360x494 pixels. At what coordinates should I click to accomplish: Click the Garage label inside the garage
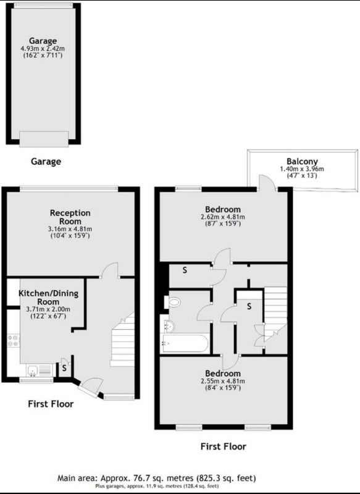point(43,41)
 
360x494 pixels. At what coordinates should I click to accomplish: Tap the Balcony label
point(302,161)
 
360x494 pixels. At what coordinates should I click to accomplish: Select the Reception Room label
point(70,217)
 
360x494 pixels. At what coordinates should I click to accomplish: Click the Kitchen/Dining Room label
point(49,298)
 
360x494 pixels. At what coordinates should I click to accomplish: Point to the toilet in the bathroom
point(173,303)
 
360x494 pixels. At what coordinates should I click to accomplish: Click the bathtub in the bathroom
point(184,343)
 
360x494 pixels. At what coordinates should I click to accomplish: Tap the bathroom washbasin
point(169,327)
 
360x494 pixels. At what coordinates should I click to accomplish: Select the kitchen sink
point(40,370)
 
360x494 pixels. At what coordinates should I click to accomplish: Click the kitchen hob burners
point(14,341)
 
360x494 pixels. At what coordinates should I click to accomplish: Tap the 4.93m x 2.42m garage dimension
point(43,49)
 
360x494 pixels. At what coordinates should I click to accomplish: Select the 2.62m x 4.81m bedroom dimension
point(223,217)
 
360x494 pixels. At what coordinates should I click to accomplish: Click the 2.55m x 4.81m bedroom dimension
point(223,381)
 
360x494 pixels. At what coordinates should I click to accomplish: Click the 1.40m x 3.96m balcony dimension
point(302,169)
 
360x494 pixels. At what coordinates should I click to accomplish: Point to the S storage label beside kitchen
point(64,368)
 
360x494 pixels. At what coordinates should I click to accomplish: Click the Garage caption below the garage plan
point(46,162)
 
